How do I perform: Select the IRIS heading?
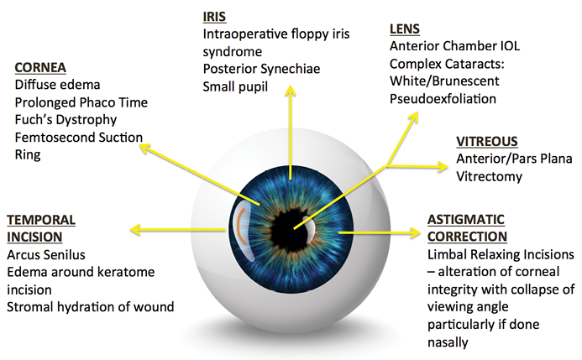coord(216,17)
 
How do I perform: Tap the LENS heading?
coord(405,29)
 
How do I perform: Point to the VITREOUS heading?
coord(487,142)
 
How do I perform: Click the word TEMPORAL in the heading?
coord(41,219)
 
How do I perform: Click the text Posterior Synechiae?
coord(260,70)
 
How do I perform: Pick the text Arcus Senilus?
coord(46,254)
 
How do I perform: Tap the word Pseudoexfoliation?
coord(443,99)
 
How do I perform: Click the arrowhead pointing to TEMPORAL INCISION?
coord(134,229)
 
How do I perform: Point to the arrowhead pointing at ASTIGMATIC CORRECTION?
coord(409,230)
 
